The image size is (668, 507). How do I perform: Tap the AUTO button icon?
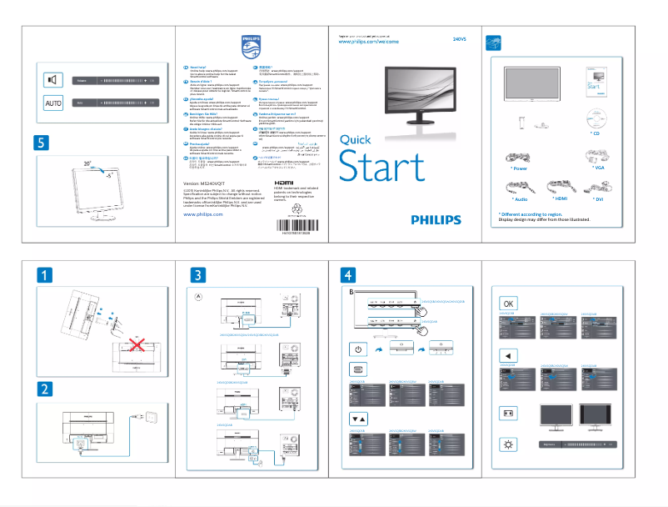tap(52, 103)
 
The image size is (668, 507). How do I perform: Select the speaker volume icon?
tap(52, 80)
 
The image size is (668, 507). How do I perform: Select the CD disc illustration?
tap(596, 118)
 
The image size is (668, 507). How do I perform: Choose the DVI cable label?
tap(597, 199)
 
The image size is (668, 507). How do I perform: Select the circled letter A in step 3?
tap(198, 296)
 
